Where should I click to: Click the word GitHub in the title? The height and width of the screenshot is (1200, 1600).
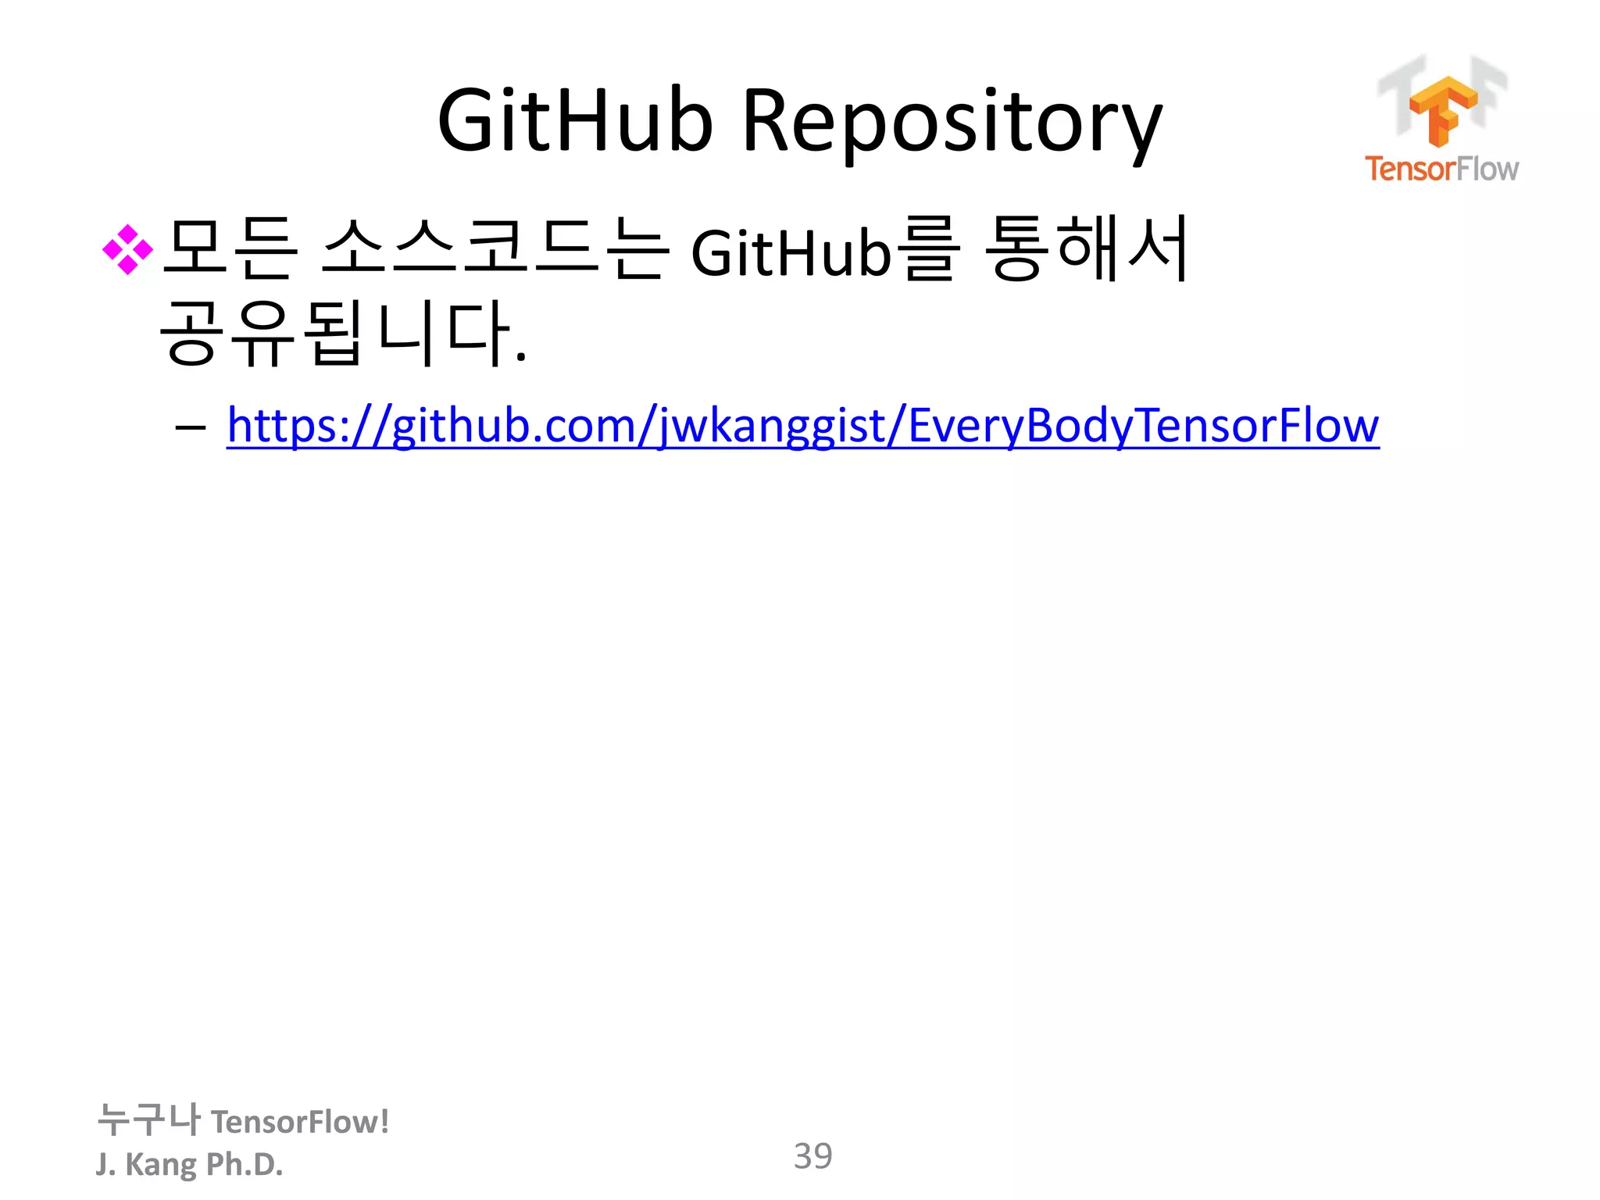point(574,121)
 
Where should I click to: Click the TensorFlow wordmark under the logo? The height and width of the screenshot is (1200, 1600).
point(1441,169)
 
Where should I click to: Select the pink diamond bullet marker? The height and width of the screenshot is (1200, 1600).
point(127,250)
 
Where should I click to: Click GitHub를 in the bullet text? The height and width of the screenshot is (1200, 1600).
point(824,252)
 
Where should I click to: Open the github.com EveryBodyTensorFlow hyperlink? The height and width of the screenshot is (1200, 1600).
point(802,427)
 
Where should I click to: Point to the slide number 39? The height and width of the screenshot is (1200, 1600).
point(812,1155)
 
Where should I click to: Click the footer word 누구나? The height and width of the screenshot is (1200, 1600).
point(149,1120)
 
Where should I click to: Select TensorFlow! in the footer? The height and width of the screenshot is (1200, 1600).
point(300,1122)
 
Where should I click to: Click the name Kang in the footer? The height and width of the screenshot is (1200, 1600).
point(161,1164)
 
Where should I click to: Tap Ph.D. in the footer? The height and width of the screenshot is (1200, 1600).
point(244,1164)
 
